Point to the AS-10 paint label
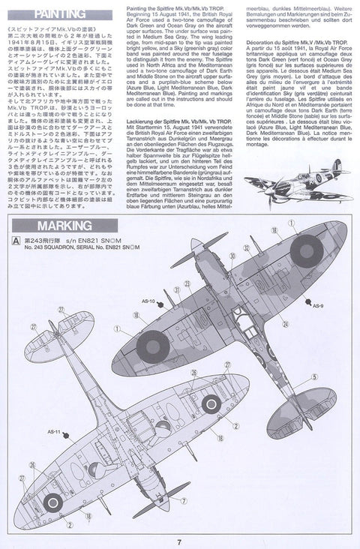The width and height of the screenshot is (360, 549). (x=146, y=301)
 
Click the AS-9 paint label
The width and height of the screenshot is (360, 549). (x=317, y=305)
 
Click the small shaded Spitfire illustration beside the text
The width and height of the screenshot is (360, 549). (x=297, y=184)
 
